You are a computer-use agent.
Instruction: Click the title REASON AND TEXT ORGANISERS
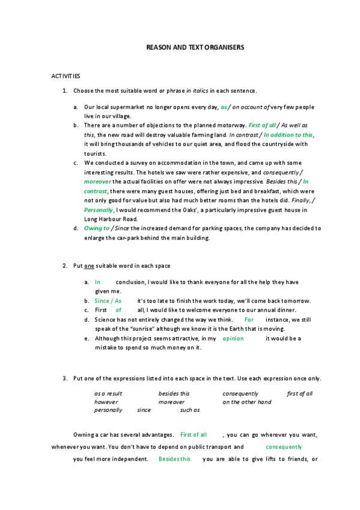point(195,46)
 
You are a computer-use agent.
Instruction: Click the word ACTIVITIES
point(66,76)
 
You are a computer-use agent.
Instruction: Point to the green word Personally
point(99,210)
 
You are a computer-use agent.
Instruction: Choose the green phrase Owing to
point(96,229)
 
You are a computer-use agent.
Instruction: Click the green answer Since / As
point(108,301)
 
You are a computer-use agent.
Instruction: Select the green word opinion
point(233,339)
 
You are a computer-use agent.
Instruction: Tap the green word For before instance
point(249,320)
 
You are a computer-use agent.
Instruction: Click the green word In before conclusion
point(97,281)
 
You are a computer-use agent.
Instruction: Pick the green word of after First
point(118,310)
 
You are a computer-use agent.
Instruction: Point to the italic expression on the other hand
point(246,402)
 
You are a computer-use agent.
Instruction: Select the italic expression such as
point(190,411)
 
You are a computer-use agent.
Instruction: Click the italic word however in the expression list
point(106,402)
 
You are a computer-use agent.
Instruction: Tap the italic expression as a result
point(108,393)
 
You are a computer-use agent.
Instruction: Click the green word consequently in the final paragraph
point(284,447)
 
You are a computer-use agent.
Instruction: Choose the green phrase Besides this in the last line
point(174,459)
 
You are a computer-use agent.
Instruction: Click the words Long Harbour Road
point(109,219)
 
